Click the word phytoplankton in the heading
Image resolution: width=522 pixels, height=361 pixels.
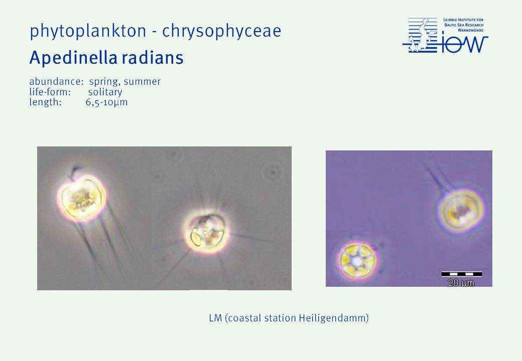(88, 31)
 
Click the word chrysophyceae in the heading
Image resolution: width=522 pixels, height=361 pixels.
(222, 31)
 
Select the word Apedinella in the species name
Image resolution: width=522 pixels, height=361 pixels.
(73, 58)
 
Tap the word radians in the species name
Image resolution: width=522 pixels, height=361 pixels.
(153, 58)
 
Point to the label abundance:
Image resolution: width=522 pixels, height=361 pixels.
(56, 81)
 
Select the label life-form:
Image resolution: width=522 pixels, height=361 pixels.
(50, 92)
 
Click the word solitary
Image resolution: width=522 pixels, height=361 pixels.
(105, 92)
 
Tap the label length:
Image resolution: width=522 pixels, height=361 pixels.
(45, 102)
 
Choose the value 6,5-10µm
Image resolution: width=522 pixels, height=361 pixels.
(106, 102)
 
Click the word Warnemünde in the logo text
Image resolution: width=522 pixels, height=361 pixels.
(470, 30)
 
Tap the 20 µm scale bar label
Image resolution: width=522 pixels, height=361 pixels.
(461, 283)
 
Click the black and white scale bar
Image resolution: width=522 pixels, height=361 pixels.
(462, 274)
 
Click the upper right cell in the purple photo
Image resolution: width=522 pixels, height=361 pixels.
(461, 212)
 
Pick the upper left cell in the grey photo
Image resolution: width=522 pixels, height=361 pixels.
(82, 197)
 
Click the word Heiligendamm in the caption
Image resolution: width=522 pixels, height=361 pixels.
(334, 318)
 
